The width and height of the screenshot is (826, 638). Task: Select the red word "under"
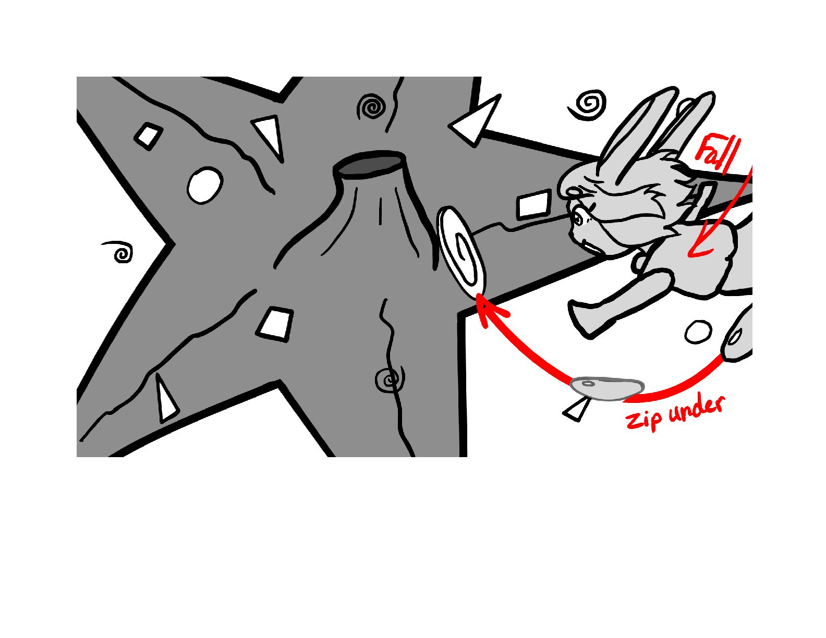pyautogui.click(x=696, y=407)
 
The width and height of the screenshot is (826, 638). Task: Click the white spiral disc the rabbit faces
pyautogui.click(x=461, y=250)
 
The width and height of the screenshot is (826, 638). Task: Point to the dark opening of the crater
pyautogui.click(x=368, y=164)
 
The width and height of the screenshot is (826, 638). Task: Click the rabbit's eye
pyautogui.click(x=578, y=218)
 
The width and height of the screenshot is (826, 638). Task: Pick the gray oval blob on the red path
pyautogui.click(x=607, y=388)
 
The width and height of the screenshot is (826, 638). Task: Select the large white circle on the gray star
pyautogui.click(x=205, y=186)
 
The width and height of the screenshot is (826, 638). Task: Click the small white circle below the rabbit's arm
pyautogui.click(x=698, y=332)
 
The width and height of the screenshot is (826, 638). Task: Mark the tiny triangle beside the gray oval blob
pyautogui.click(x=576, y=410)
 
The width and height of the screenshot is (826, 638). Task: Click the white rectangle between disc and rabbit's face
pyautogui.click(x=533, y=204)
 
